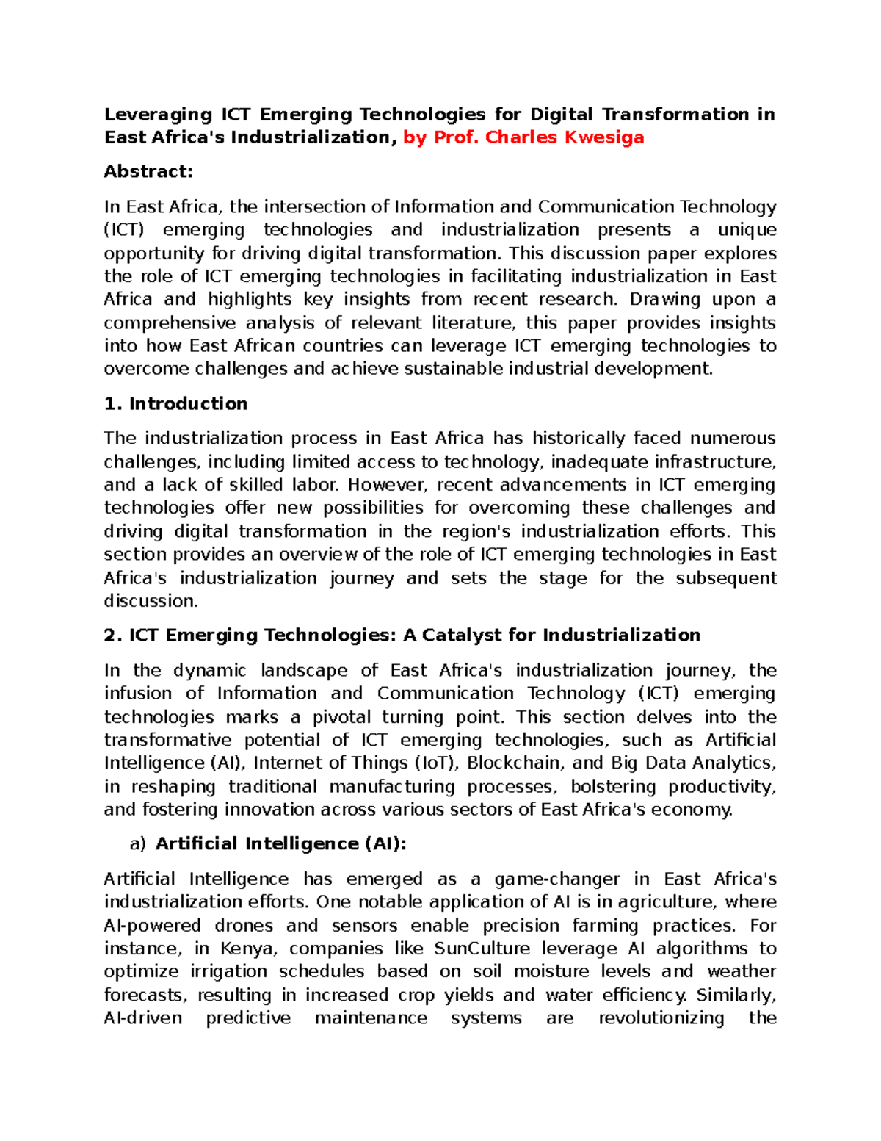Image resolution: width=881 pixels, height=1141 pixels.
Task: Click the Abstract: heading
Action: [x=148, y=172]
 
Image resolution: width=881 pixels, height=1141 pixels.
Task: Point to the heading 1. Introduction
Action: [x=175, y=404]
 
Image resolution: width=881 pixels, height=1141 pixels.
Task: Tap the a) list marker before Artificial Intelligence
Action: [x=138, y=844]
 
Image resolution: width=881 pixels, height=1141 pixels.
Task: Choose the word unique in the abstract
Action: [x=747, y=230]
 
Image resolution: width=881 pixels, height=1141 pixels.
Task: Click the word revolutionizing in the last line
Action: [x=661, y=1018]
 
